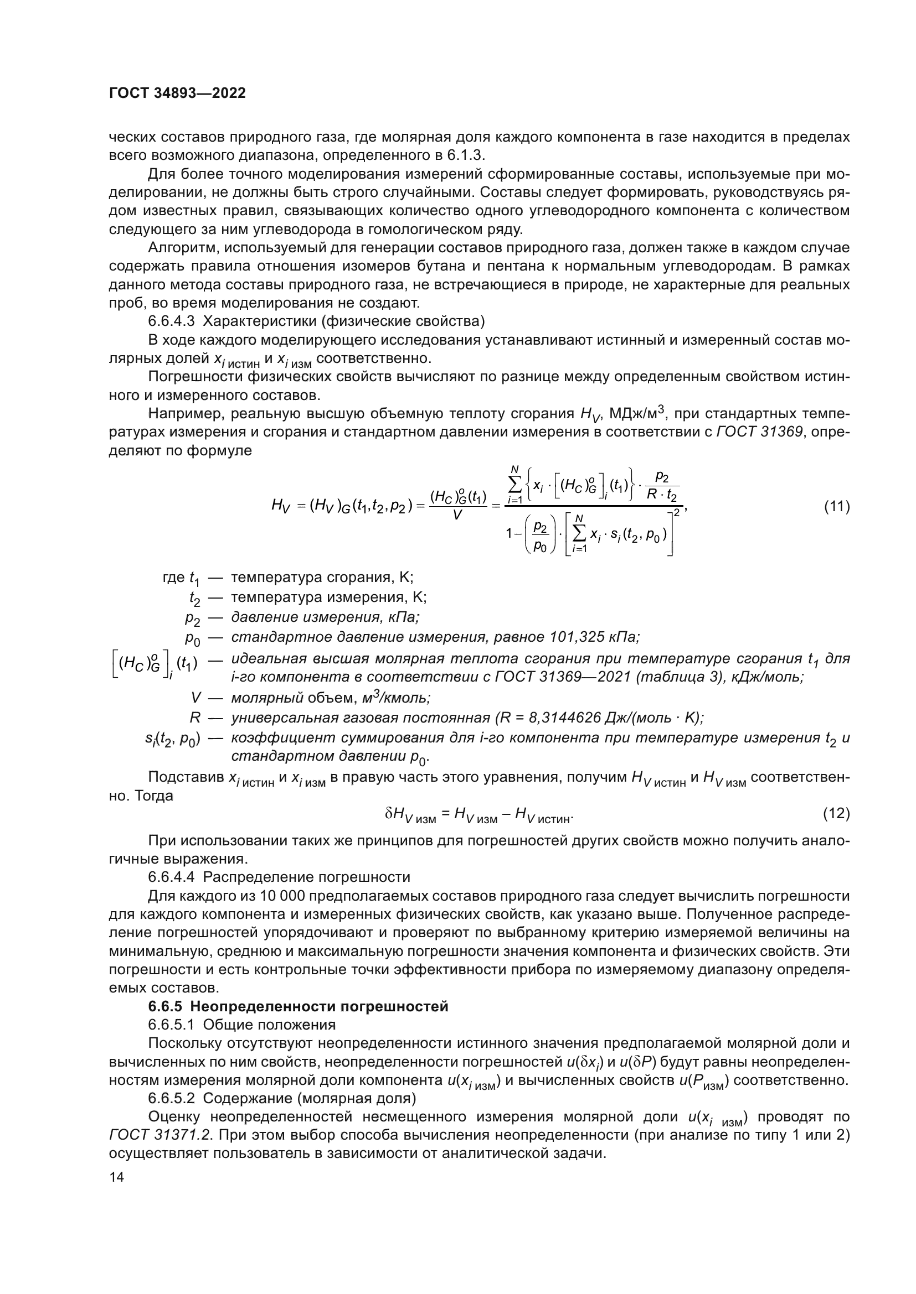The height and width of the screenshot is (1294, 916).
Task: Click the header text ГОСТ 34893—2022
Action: point(177,93)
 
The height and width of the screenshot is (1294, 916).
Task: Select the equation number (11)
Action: point(836,507)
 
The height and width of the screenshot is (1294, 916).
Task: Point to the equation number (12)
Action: point(836,813)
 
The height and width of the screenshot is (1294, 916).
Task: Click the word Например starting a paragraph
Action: point(181,414)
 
